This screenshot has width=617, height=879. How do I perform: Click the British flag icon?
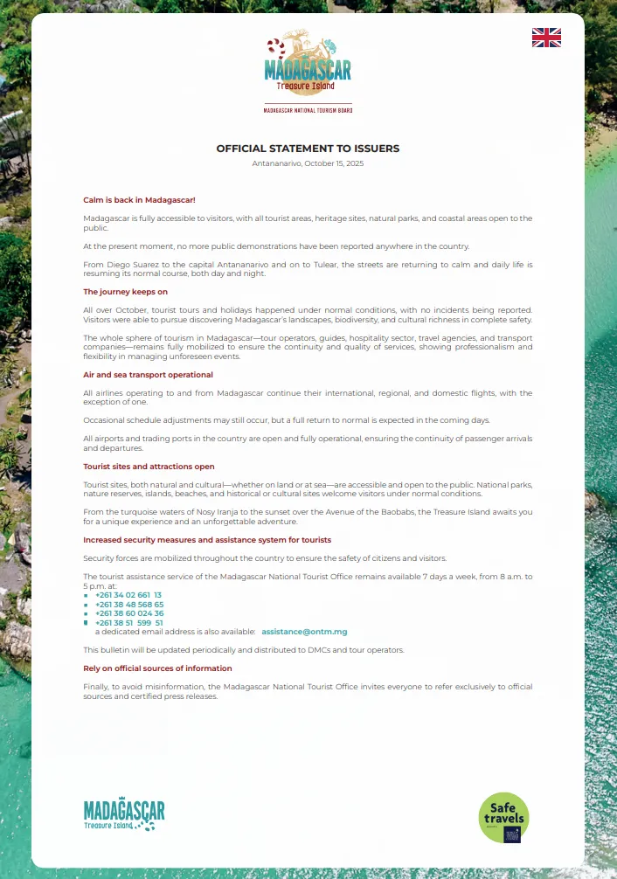(546, 37)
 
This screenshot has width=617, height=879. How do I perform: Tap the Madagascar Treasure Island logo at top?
(308, 65)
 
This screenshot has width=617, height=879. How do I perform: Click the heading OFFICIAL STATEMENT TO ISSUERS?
(308, 149)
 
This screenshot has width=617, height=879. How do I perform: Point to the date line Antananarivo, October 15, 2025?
(308, 163)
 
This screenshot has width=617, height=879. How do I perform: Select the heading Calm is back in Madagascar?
(139, 200)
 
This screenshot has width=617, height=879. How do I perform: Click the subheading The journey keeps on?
(125, 292)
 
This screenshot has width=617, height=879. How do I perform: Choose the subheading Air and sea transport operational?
(148, 375)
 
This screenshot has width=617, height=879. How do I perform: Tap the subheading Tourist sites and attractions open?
(149, 467)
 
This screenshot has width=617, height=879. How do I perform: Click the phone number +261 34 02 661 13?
(128, 594)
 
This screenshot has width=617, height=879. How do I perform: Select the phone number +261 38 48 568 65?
(129, 604)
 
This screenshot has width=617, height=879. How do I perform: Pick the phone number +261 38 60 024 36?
(129, 613)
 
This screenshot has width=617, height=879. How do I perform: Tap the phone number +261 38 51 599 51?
(129, 623)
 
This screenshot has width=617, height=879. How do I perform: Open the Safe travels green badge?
(504, 817)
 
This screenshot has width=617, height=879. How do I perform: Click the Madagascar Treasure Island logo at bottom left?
(124, 814)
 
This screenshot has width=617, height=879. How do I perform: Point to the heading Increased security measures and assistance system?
(207, 540)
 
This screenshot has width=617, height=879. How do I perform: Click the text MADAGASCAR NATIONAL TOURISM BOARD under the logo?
(308, 111)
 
